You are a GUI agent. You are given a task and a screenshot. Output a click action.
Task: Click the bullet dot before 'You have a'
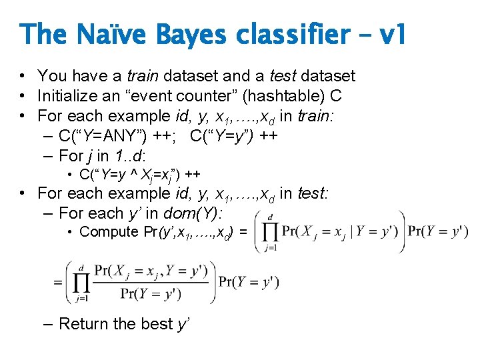tap(23, 77)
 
